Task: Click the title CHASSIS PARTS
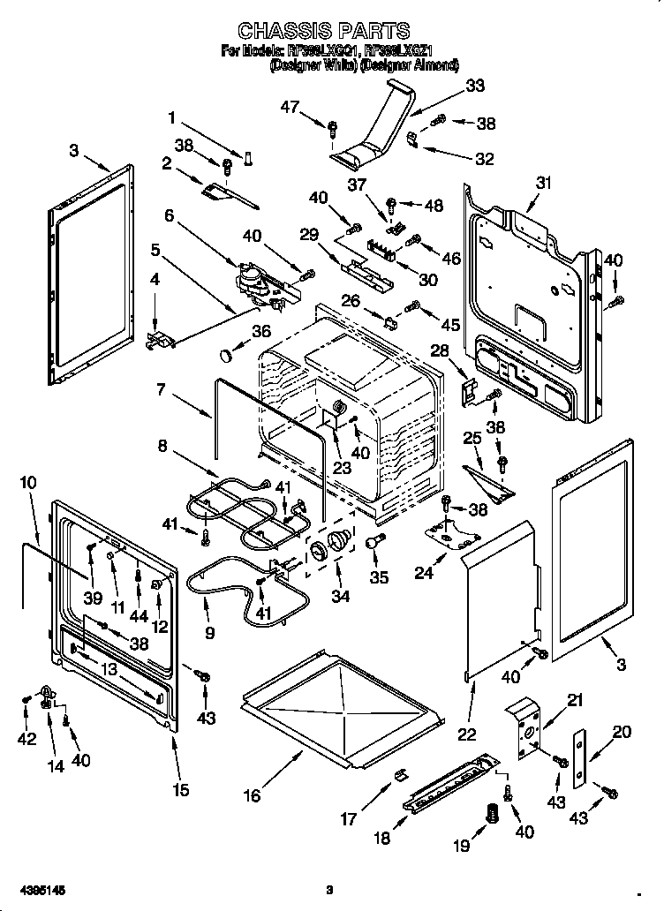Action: click(324, 33)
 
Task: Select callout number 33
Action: click(474, 86)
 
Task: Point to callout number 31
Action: click(543, 183)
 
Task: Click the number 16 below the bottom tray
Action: click(252, 795)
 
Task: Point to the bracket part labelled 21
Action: click(528, 727)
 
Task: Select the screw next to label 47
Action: click(332, 129)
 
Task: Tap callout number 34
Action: click(339, 596)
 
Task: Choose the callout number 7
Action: click(161, 388)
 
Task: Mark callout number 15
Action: click(180, 789)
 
